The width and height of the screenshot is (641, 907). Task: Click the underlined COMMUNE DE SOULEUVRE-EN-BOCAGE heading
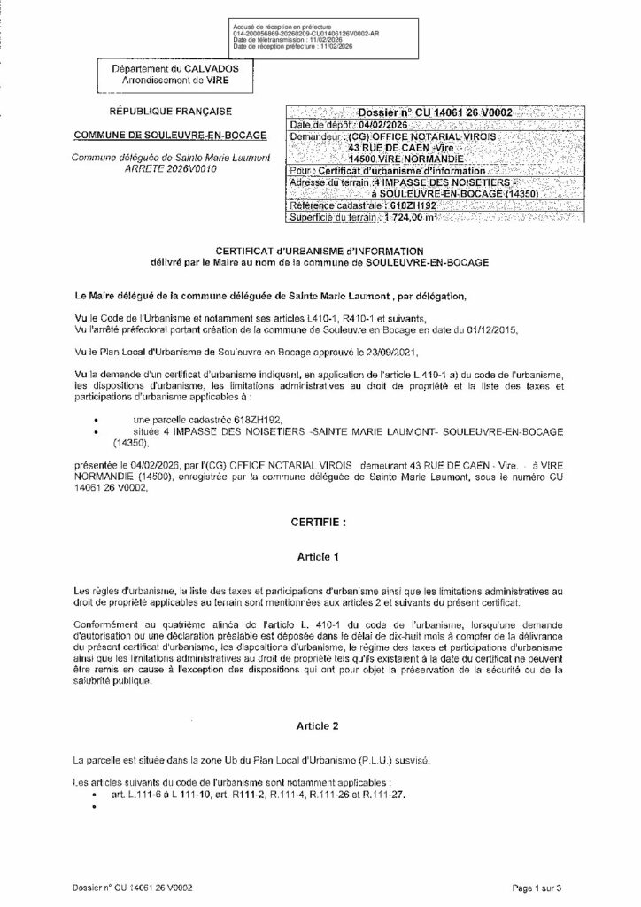pyautogui.click(x=169, y=135)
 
